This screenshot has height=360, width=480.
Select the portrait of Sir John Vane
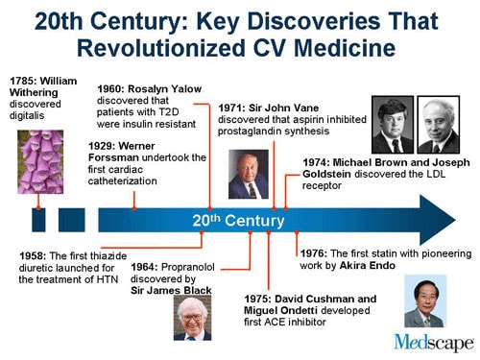tap(248, 175)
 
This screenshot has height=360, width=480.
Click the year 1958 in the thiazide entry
tap(35, 256)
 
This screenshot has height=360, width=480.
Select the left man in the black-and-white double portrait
tap(393, 125)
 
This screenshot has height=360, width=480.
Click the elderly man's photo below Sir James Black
tap(191, 318)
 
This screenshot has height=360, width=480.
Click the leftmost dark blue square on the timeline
tap(38, 221)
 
